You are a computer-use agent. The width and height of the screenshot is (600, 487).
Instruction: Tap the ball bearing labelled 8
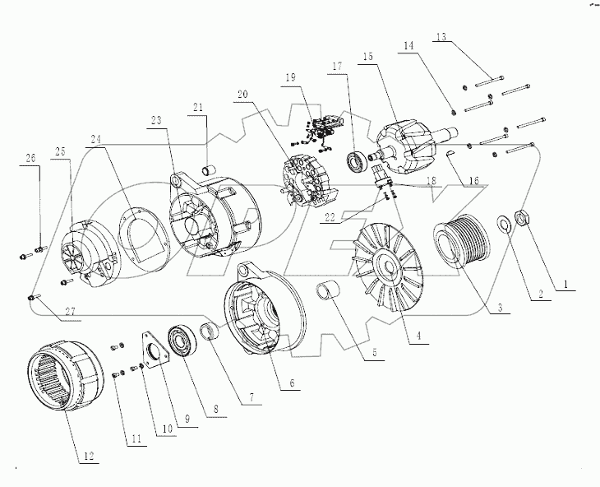(180, 341)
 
